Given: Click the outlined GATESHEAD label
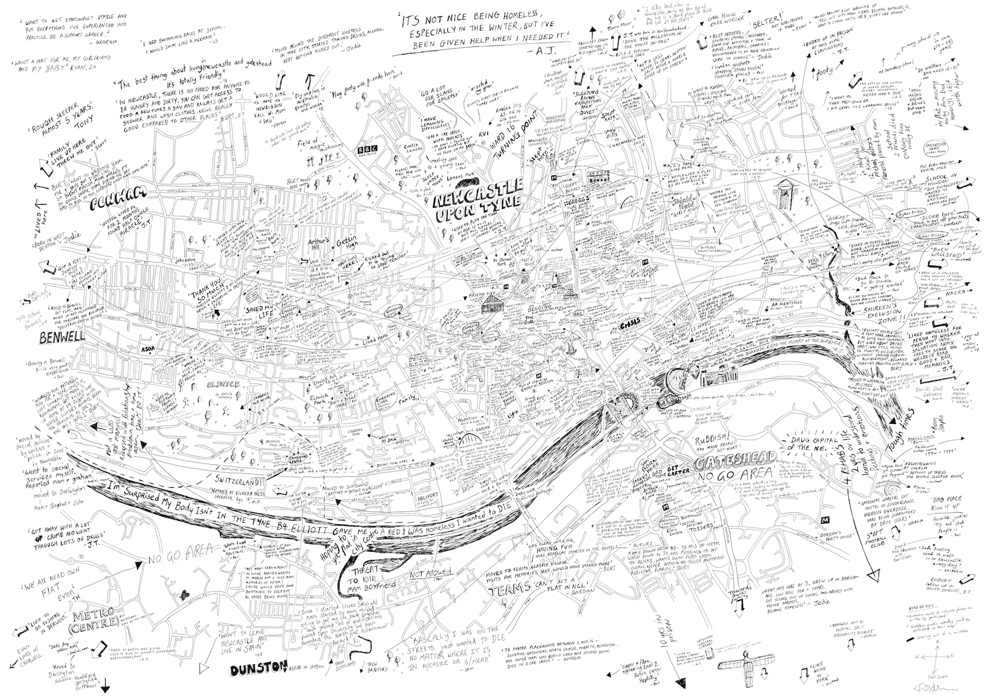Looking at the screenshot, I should pyautogui.click(x=725, y=465).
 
